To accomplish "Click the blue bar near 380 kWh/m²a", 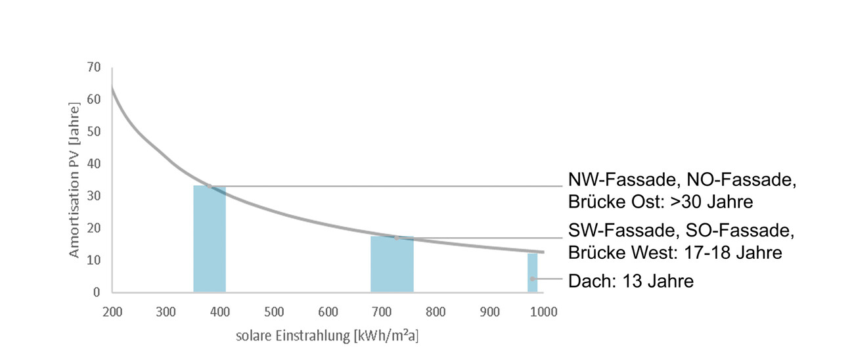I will pos(210,240).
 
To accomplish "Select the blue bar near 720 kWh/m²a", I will pos(392,265).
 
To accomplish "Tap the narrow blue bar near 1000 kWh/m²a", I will pos(532,273).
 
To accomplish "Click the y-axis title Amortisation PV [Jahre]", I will pos(75,179).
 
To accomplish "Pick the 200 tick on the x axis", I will pos(112,311).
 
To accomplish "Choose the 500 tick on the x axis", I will pos(274,311).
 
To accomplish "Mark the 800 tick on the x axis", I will pos(436,311).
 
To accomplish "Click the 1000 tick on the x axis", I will pos(542,311).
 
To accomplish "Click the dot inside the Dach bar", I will pos(533,279).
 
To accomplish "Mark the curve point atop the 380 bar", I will pos(209,186).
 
